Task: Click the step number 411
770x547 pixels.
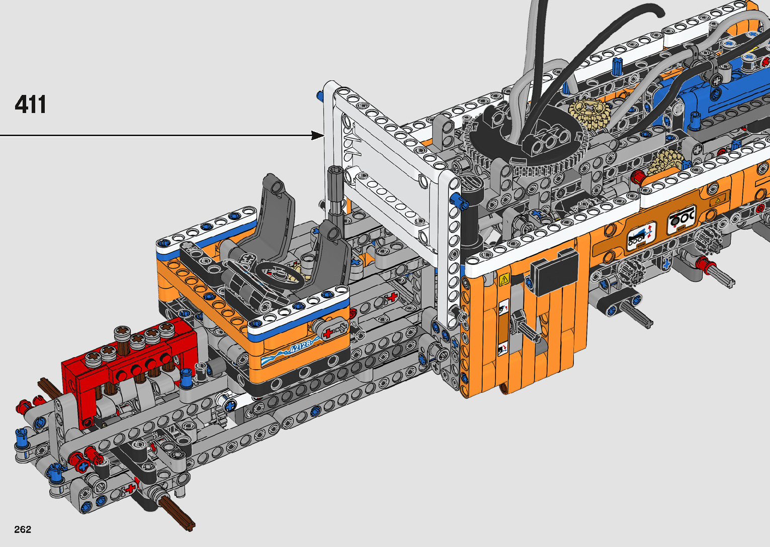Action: [x=30, y=104]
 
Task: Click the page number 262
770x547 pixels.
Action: [x=23, y=529]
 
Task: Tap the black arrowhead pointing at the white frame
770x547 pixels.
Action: [x=317, y=135]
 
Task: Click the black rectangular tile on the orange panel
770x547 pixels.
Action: [x=554, y=272]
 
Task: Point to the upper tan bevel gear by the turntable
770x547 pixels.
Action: [x=590, y=114]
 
